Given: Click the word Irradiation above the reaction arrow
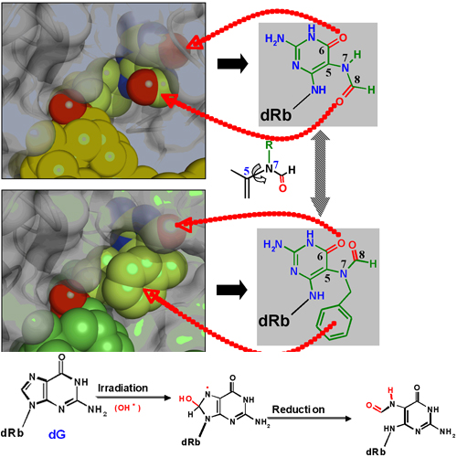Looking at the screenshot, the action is coord(122,388).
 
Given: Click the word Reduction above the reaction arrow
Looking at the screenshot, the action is coord(298,409).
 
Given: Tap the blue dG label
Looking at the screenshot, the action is coord(57,434).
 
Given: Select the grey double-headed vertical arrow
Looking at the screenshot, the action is coord(320,173).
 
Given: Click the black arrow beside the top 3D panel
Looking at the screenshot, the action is coord(232,64).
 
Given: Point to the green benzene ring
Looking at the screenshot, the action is coord(334,324).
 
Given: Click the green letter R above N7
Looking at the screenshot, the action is coord(269,145).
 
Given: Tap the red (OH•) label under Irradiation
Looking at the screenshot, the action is coord(128,408).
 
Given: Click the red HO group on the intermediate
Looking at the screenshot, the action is coord(185,399).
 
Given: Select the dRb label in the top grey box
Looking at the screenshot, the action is coord(276,115).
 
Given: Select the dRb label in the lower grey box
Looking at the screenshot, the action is coord(273,321).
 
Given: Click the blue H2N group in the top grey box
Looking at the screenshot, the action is coord(274,39).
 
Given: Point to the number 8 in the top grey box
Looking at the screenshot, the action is coord(357,80).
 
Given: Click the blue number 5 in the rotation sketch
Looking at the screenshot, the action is coord(247,172).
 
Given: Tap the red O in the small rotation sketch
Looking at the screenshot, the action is coord(282,188).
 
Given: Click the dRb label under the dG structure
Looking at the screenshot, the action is coord(12,432).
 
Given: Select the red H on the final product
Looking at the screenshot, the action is coord(390,390).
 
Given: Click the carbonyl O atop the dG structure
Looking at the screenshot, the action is coord(61,357).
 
